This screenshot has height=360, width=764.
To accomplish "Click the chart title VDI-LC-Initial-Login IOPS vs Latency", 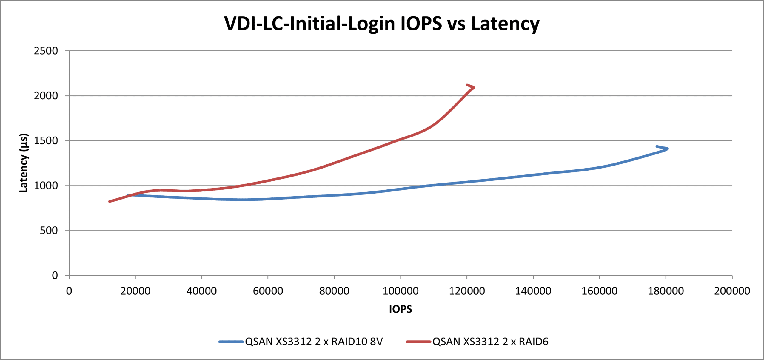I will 382,24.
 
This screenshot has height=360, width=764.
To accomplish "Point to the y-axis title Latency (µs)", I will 24,163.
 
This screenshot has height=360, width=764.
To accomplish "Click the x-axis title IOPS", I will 400,309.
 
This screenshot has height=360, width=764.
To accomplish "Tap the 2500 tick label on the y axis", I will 46,51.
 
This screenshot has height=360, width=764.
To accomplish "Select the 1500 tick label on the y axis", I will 46,141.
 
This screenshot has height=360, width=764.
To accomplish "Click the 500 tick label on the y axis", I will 49,231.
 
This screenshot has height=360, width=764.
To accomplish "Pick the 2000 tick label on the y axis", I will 46,96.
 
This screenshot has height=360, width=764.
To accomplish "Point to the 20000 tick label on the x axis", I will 135,291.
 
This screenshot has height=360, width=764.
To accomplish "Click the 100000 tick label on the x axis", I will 401,291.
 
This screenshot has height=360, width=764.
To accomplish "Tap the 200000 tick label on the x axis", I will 732,291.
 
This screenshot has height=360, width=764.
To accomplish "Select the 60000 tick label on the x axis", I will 268,291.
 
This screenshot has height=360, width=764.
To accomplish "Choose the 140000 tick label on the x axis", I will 533,291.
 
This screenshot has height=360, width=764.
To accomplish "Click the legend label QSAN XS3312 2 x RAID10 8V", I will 314,342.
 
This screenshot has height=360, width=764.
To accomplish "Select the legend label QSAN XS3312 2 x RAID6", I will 490,342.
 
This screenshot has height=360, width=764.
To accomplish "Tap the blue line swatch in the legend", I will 231,342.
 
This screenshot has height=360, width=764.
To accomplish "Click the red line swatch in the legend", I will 418,342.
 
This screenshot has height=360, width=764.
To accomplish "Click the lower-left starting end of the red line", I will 110,202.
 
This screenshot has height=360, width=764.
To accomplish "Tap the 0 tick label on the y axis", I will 55,276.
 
